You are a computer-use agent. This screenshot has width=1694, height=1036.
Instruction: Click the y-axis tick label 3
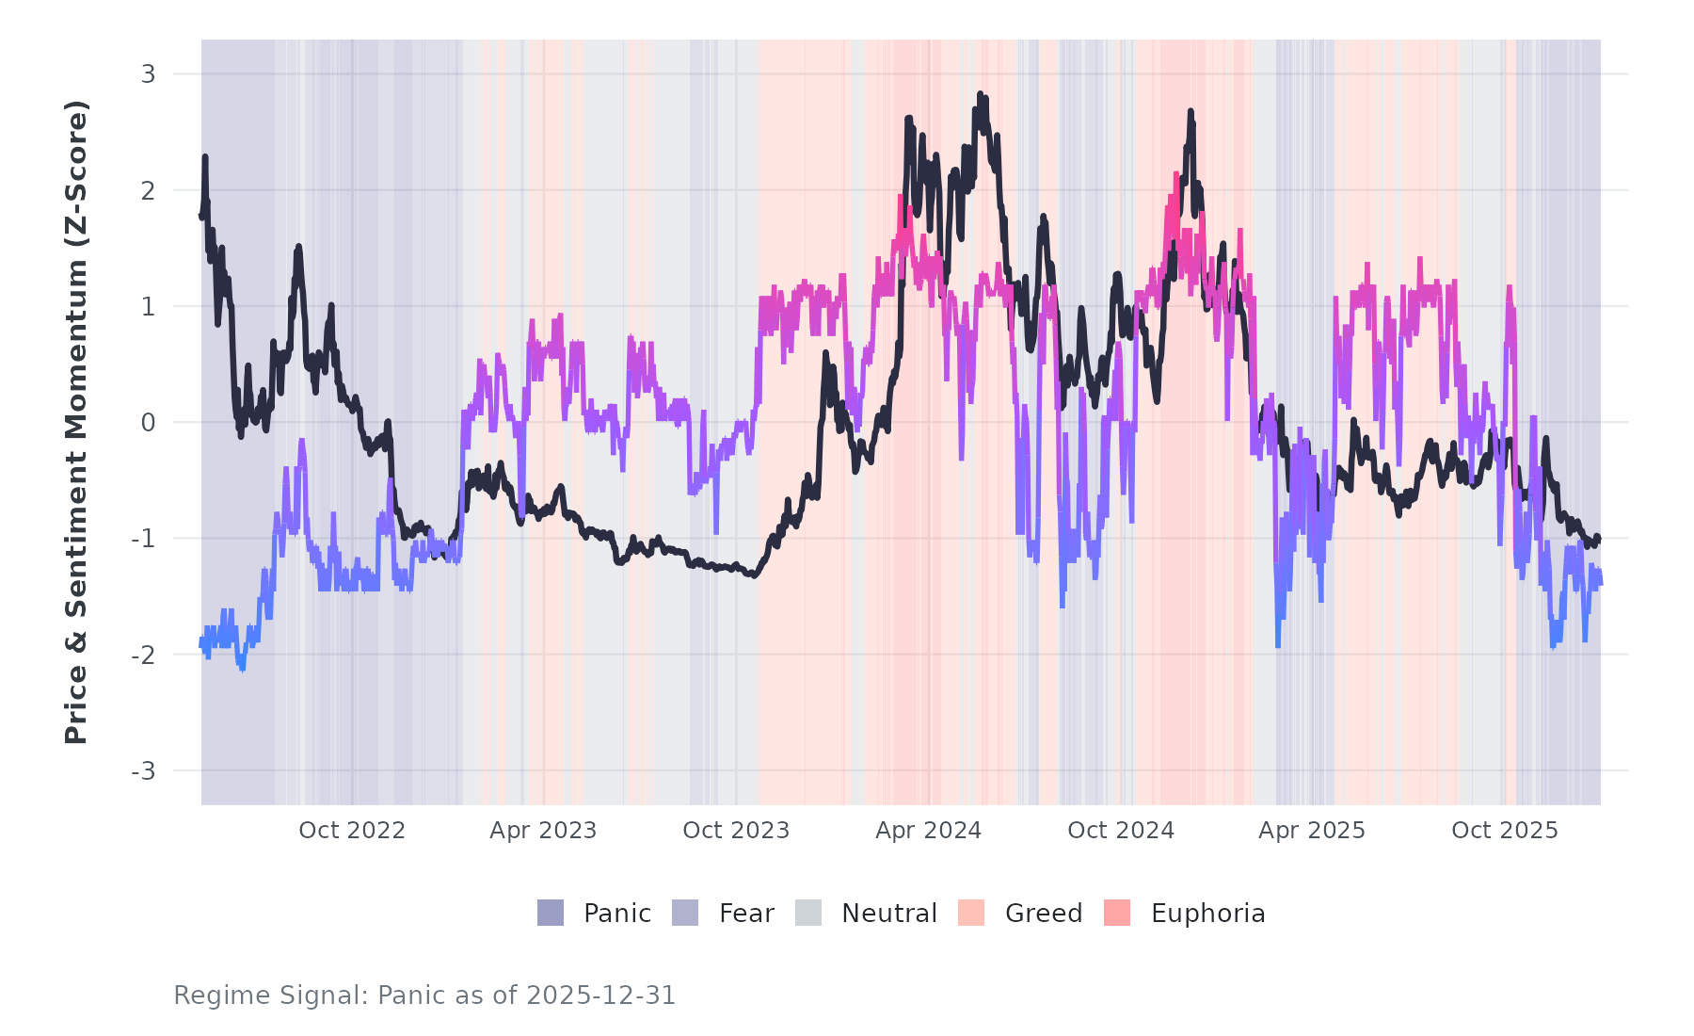pos(148,74)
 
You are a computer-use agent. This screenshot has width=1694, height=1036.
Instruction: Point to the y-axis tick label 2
pos(148,190)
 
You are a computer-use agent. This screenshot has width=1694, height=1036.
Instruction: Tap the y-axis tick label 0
pos(148,423)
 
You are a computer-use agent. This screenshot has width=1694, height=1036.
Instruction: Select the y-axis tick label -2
pos(143,656)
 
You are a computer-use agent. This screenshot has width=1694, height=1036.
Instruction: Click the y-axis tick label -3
pos(143,771)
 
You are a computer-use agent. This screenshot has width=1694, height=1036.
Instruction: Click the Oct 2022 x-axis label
pos(352,831)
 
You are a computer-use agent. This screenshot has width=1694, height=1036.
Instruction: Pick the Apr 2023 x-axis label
pos(543,831)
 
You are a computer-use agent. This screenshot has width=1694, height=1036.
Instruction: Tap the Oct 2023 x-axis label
pos(736,831)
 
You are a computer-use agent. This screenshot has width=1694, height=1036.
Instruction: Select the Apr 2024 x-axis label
pos(928,831)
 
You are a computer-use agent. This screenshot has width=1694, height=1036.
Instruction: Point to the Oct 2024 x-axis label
pos(1121,831)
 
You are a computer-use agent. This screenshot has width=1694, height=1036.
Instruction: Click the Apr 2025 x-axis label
pos(1312,831)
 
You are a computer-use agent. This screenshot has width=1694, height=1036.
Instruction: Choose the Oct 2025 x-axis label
pos(1505,831)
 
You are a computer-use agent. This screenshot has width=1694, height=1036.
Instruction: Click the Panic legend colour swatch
pos(551,913)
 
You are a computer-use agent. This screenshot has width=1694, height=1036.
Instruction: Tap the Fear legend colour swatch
pos(685,913)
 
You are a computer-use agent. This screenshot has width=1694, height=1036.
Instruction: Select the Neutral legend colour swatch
pos(808,913)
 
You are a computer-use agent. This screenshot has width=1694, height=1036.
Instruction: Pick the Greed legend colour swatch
pos(971,913)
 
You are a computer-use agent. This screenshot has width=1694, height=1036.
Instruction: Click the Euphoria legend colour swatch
pos(1117,913)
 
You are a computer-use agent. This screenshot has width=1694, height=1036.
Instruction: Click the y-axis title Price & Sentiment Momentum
pos(76,422)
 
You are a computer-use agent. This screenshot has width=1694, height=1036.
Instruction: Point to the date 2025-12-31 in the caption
pos(600,996)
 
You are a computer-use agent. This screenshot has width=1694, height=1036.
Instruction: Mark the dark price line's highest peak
pos(980,94)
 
